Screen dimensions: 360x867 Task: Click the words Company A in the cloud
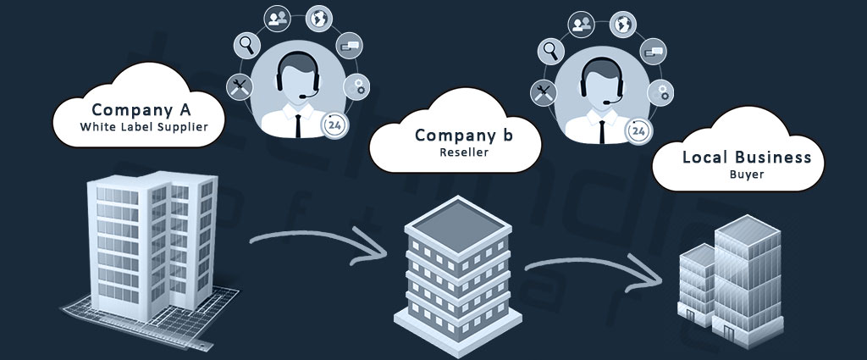click(141, 110)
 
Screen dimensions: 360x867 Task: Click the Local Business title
click(747, 158)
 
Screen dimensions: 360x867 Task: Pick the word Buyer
click(747, 175)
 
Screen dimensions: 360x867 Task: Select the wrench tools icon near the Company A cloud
click(238, 85)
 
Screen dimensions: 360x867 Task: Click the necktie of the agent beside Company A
click(299, 122)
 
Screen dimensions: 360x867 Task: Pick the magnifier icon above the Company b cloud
click(553, 51)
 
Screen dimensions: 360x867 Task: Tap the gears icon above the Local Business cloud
click(661, 91)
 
